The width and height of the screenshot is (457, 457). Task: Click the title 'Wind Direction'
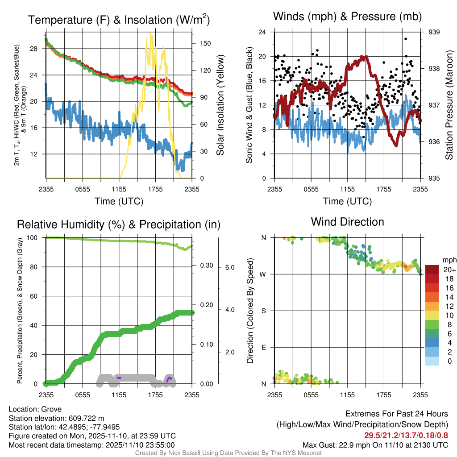point(347,222)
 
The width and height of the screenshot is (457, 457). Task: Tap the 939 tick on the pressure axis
point(435,32)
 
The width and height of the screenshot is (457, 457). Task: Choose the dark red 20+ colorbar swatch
point(432,270)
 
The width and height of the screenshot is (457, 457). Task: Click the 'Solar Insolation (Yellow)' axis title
point(220,105)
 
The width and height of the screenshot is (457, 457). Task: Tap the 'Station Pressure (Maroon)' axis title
point(449,105)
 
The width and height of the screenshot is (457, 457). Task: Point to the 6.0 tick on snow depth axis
point(230,267)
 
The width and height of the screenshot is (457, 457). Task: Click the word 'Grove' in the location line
point(51,409)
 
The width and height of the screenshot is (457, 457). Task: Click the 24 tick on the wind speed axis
point(263,32)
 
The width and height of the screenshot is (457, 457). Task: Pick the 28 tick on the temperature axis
point(38,49)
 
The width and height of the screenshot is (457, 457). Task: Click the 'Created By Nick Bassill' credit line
point(228,453)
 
